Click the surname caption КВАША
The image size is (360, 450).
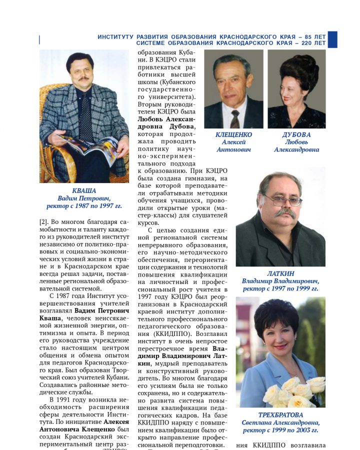coord(84,190)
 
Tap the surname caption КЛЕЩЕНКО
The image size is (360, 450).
coord(233,135)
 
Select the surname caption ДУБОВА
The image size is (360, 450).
coord(296,135)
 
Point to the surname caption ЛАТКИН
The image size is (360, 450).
coord(280,273)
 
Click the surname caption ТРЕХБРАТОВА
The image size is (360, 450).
coord(280,415)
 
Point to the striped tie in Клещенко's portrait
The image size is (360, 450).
coord(234,118)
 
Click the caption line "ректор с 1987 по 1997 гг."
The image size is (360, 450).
coord(84,205)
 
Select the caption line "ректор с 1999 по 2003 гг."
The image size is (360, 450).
coord(280,430)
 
